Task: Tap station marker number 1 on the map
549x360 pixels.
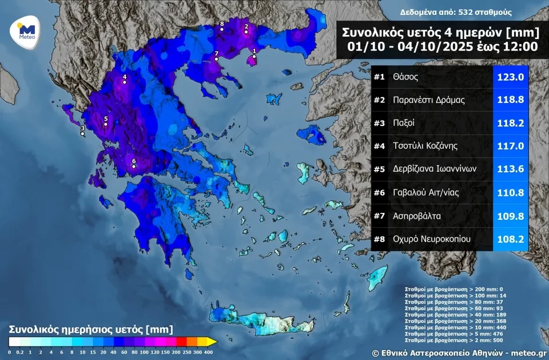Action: (254, 56)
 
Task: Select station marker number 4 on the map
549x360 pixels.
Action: (125, 82)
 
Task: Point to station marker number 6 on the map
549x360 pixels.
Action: (134, 167)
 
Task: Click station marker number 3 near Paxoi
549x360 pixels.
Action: (82, 133)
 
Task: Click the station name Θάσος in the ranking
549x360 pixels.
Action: (405, 76)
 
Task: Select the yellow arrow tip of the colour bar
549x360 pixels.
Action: (213, 342)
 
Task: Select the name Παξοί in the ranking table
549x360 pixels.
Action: (404, 122)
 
